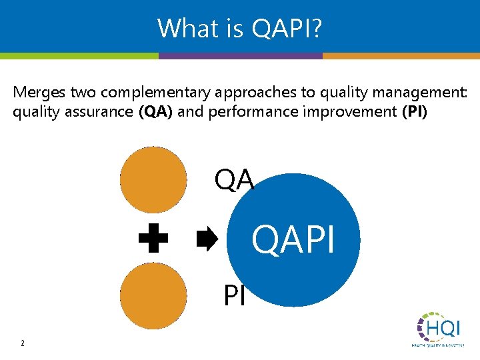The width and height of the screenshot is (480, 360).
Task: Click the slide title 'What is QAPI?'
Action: (239, 28)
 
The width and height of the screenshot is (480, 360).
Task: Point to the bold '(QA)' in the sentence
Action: (155, 111)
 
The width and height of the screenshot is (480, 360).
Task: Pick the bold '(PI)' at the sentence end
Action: (415, 111)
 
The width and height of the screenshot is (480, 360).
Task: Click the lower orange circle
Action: (153, 295)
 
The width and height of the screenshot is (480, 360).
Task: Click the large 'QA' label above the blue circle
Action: (234, 179)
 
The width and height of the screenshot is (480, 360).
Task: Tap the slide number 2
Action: (22, 343)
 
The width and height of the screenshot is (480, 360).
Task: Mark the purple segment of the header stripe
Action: (241, 56)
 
